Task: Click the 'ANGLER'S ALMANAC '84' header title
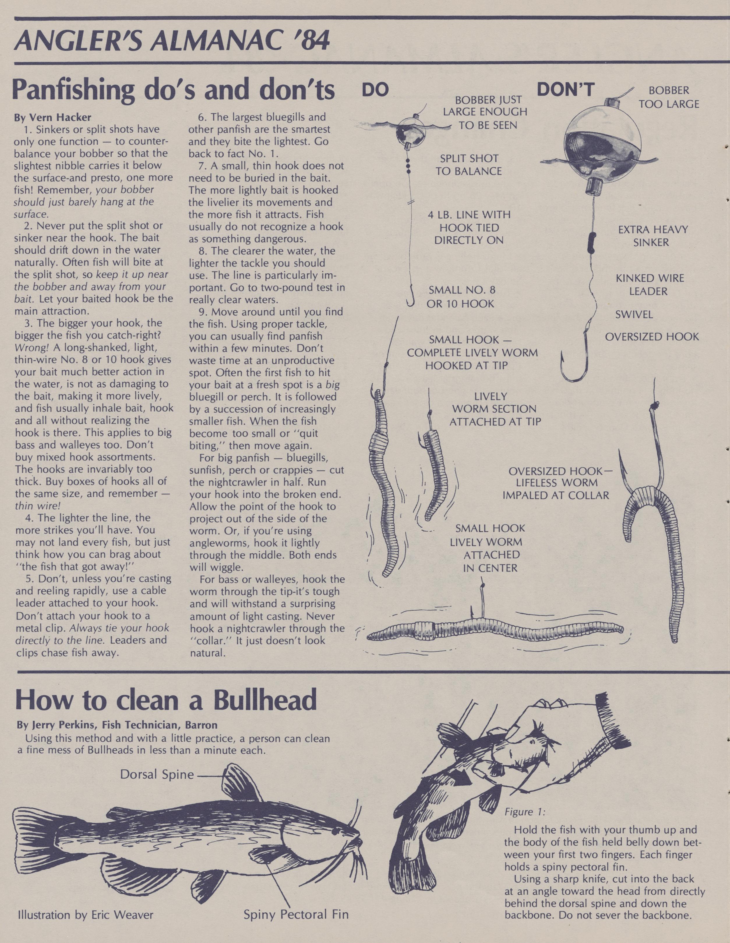[172, 41]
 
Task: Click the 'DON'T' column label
[565, 90]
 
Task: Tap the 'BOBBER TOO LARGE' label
[669, 98]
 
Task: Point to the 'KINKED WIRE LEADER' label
[650, 284]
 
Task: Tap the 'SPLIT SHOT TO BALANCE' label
[469, 165]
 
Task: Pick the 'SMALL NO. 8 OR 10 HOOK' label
[461, 297]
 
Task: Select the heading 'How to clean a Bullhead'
[166, 701]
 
